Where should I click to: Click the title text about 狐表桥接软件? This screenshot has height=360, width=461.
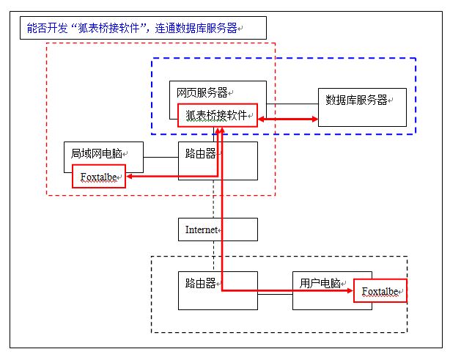[x=133, y=29]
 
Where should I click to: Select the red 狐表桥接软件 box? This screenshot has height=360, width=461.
[x=218, y=115]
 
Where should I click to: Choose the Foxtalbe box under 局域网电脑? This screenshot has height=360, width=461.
[x=99, y=177]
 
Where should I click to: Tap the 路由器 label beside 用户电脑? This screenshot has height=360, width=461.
[x=199, y=283]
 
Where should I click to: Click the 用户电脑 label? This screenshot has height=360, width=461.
[x=321, y=283]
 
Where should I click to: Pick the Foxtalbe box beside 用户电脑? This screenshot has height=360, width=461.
[x=380, y=291]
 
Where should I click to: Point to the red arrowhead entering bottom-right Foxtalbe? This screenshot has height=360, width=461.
[x=350, y=290]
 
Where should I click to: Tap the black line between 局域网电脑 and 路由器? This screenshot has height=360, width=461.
[x=161, y=157]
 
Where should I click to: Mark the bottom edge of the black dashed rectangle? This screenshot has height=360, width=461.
[x=279, y=333]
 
